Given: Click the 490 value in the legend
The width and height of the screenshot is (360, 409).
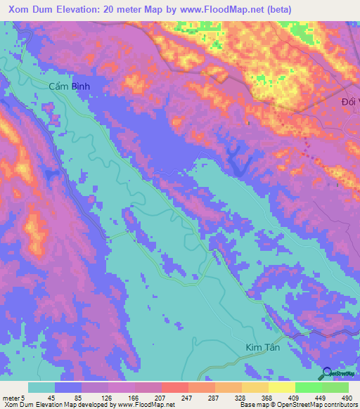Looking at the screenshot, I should (347, 397).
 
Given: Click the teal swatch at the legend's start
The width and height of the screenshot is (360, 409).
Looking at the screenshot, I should (41, 387).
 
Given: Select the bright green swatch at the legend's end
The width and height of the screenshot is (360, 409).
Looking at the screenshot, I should (335, 387).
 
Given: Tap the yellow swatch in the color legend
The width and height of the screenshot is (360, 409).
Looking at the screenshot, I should (281, 387).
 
